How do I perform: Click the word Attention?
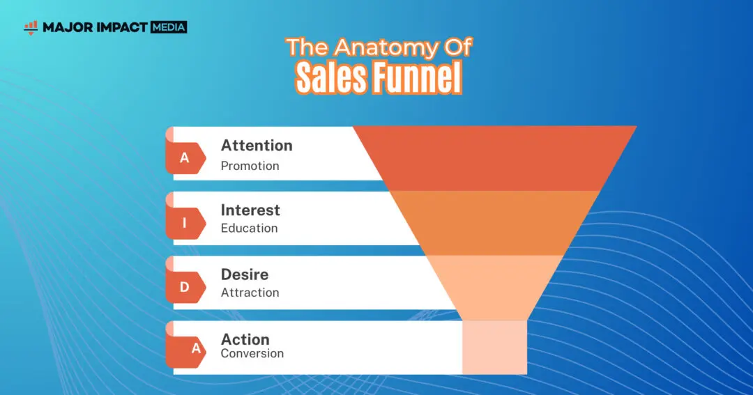tap(257, 146)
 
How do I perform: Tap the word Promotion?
tap(250, 166)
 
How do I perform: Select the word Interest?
tap(250, 210)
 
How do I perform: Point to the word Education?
tap(249, 228)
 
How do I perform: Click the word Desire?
tap(245, 274)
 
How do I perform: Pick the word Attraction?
tap(250, 293)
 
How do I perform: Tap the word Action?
tap(245, 339)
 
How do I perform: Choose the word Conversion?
tap(252, 353)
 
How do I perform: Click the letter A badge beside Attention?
tap(185, 158)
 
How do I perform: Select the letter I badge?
tap(185, 223)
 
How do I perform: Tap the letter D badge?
tap(185, 287)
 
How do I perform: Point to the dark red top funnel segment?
tap(494, 158)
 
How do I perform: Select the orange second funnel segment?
tap(494, 223)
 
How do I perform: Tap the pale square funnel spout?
tap(494, 347)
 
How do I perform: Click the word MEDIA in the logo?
tap(169, 27)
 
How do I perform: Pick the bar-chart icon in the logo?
tap(31, 28)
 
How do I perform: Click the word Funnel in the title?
tap(418, 77)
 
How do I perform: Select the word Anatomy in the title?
tap(386, 47)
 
